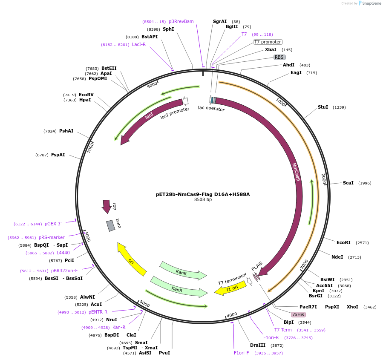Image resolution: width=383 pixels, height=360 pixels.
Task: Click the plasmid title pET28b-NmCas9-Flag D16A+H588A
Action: [203, 194]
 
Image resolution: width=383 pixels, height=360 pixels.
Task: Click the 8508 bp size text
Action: [203, 199]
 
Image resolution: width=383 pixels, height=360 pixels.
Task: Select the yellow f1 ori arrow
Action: [230, 288]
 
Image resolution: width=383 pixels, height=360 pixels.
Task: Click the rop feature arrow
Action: [107, 206]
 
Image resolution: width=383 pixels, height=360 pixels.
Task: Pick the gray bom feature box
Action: [111, 225]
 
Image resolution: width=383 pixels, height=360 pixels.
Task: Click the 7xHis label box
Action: [298, 314]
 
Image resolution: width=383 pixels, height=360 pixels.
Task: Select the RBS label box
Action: [279, 57]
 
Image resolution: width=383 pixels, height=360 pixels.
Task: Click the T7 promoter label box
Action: [268, 42]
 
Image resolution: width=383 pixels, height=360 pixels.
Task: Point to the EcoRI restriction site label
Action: [343, 242]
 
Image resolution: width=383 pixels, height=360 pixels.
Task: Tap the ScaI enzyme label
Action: [348, 183]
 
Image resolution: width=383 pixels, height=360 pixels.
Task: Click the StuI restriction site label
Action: [323, 107]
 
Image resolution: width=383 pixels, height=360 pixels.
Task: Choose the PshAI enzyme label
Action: [66, 131]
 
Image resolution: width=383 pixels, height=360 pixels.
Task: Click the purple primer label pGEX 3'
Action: [53, 224]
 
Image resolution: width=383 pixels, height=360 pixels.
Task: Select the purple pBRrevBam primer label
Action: [181, 21]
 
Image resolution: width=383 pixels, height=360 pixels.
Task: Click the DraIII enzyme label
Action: [258, 345]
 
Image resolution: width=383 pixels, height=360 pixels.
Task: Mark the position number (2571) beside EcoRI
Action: [363, 243]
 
